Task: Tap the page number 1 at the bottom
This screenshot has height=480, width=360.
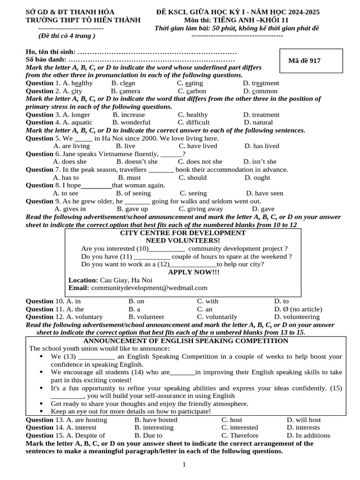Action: tap(184, 465)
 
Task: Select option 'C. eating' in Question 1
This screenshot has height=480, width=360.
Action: tap(190, 83)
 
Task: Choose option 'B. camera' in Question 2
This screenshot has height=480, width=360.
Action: tap(126, 91)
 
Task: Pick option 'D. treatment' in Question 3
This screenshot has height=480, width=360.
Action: tap(261, 114)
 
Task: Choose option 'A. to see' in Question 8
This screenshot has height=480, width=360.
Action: tap(66, 193)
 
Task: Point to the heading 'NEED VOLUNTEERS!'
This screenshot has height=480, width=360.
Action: tap(183, 240)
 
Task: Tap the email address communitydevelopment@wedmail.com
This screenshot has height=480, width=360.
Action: tap(149, 288)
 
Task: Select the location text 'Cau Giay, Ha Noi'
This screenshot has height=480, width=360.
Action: tap(123, 280)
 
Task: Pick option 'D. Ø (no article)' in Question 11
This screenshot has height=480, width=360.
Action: tap(298, 309)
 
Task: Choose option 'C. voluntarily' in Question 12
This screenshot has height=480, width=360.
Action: tap(217, 317)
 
